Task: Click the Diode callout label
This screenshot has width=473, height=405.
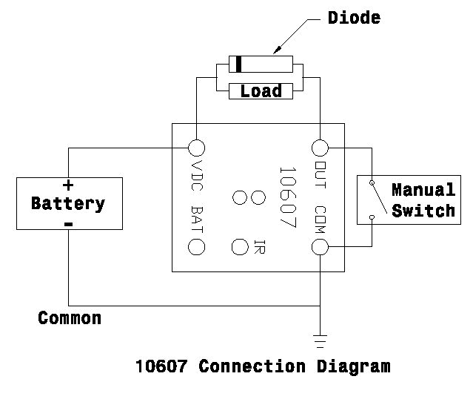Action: pos(354,18)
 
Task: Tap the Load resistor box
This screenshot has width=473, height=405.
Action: pos(261,91)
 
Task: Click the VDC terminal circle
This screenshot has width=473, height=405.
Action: pos(197,147)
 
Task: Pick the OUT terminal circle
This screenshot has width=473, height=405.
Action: pos(321,147)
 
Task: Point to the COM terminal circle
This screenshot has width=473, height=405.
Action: pos(321,247)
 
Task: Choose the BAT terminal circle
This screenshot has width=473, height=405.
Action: pos(197,247)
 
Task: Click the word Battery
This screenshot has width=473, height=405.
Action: pos(68,203)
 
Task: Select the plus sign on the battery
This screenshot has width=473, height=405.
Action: pos(68,185)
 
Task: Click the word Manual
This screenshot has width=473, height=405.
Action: pos(423,190)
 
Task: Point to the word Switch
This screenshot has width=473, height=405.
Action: pos(423,211)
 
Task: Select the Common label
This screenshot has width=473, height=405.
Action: pos(70,319)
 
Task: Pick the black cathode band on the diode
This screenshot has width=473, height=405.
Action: pos(238,65)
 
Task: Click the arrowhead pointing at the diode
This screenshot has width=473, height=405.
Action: pos(275,51)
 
